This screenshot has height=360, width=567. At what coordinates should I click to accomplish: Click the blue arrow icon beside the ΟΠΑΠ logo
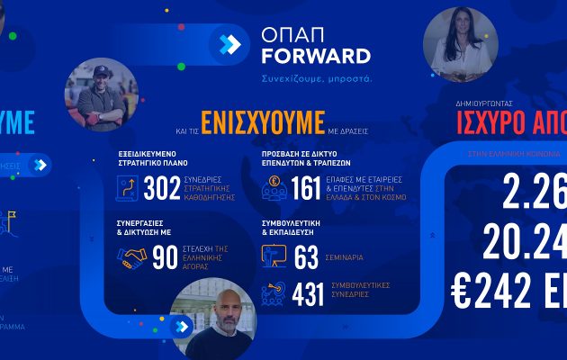(x=229, y=44)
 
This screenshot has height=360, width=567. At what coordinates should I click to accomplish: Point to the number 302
(x=162, y=189)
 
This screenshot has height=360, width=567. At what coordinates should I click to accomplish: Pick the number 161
(x=305, y=188)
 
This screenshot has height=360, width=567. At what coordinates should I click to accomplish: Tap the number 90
(x=164, y=259)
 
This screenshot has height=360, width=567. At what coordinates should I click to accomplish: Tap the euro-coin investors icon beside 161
(x=274, y=189)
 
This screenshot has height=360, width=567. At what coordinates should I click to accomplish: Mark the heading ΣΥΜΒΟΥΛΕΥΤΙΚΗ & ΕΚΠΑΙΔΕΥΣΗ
(x=293, y=224)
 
